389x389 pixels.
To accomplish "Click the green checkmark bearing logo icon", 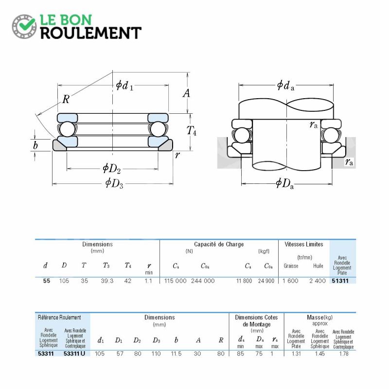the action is pos(24,26).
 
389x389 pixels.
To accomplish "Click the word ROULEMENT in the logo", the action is pos(91,33).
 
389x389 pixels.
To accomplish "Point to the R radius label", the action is pos(66,99).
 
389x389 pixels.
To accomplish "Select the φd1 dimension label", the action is pos(124,86).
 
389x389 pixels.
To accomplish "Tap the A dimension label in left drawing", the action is pos(187,93).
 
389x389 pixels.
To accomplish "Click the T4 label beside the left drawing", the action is pos(191,130).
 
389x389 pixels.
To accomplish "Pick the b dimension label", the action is pos(35,145).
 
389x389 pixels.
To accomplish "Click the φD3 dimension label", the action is pos(114,183).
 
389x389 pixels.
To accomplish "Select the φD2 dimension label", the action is pos(112,168).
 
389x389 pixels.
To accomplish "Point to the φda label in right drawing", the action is pos(285,86).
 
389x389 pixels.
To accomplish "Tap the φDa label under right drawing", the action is pos(285,184).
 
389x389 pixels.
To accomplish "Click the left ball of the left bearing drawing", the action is pos(67,129).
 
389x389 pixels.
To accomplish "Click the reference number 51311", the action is pos(340,281).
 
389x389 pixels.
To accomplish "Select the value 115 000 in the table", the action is pos(175,281).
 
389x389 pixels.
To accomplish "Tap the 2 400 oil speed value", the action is pos(318,281).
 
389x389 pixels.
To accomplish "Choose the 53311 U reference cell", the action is pos(74,354).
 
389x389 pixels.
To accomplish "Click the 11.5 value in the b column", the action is pos(176,354).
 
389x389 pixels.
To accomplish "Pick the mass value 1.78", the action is pos(344,354).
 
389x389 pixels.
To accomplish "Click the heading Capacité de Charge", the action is pos(219,245).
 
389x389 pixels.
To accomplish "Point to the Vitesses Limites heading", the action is pos(304,245).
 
